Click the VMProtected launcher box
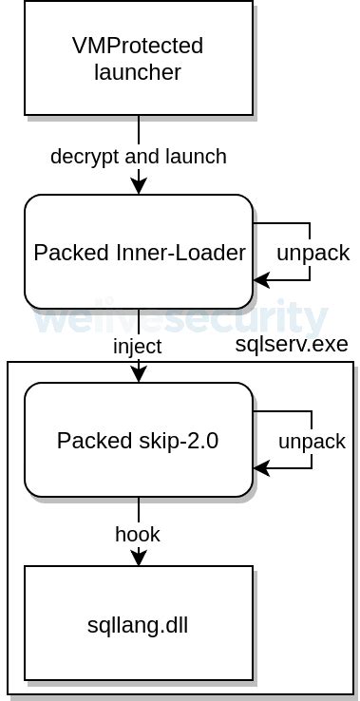[139, 59]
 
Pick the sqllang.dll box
[139, 623]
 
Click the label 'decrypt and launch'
[139, 157]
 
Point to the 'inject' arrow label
[139, 347]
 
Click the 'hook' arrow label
[139, 535]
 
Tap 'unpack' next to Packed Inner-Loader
[313, 254]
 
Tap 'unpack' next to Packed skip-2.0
[313, 442]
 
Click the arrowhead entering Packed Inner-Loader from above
[139, 188]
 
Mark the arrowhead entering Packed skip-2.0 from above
[139, 376]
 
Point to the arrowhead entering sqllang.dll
[139, 559]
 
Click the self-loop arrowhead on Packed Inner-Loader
[260, 280]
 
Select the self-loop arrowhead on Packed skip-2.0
[260, 468]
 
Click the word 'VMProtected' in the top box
[139, 46]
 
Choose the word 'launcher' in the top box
[139, 71]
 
